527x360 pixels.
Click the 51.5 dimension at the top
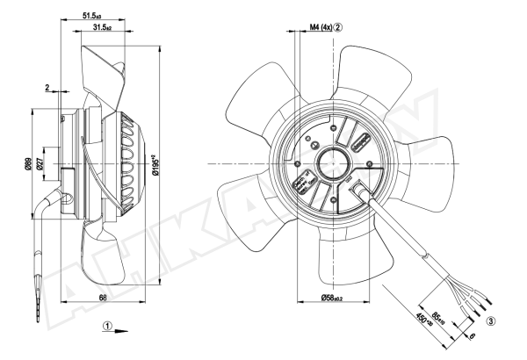(91, 16)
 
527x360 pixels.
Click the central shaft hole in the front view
(337, 162)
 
